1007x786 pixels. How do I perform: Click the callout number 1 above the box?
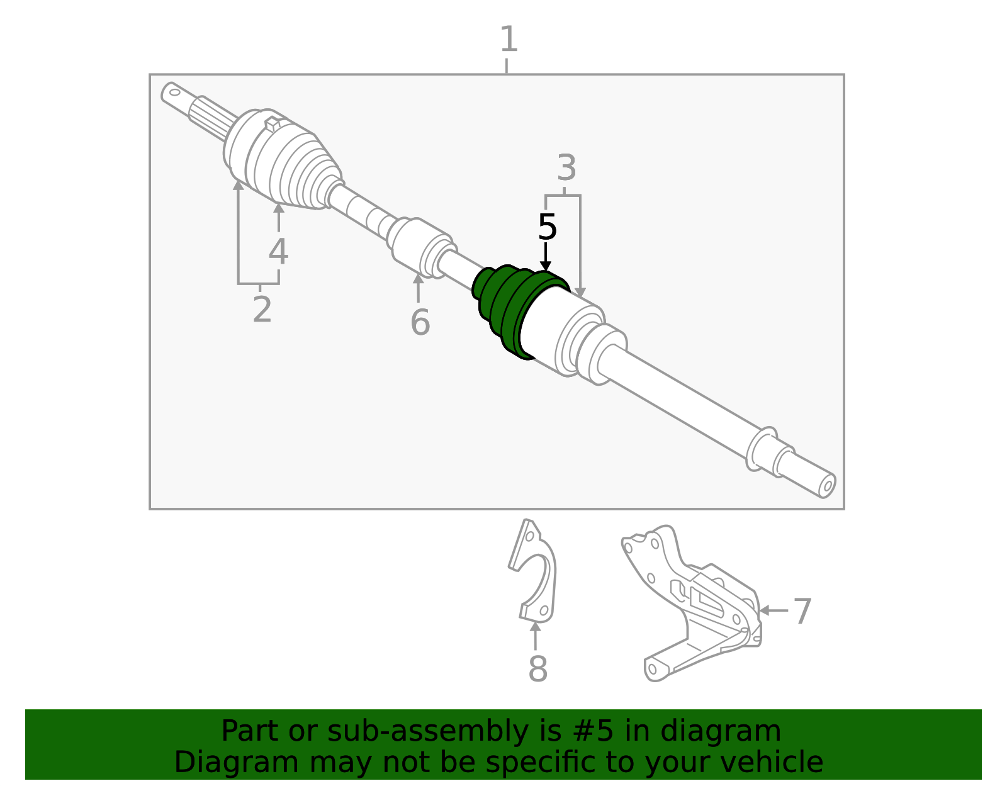coord(509,40)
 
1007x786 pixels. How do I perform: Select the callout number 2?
coord(262,310)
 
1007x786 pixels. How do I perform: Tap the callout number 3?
coord(566,169)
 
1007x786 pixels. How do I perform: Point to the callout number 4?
coord(278,252)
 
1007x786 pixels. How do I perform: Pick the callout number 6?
coord(420,323)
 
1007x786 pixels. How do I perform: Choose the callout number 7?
coord(802,612)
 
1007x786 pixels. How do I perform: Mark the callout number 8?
coord(537,669)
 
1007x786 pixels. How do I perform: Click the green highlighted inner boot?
coord(503,308)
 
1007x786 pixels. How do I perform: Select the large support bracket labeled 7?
coord(699,604)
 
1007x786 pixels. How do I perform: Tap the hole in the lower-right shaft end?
coord(828,485)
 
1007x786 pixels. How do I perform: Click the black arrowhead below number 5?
coord(546,266)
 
